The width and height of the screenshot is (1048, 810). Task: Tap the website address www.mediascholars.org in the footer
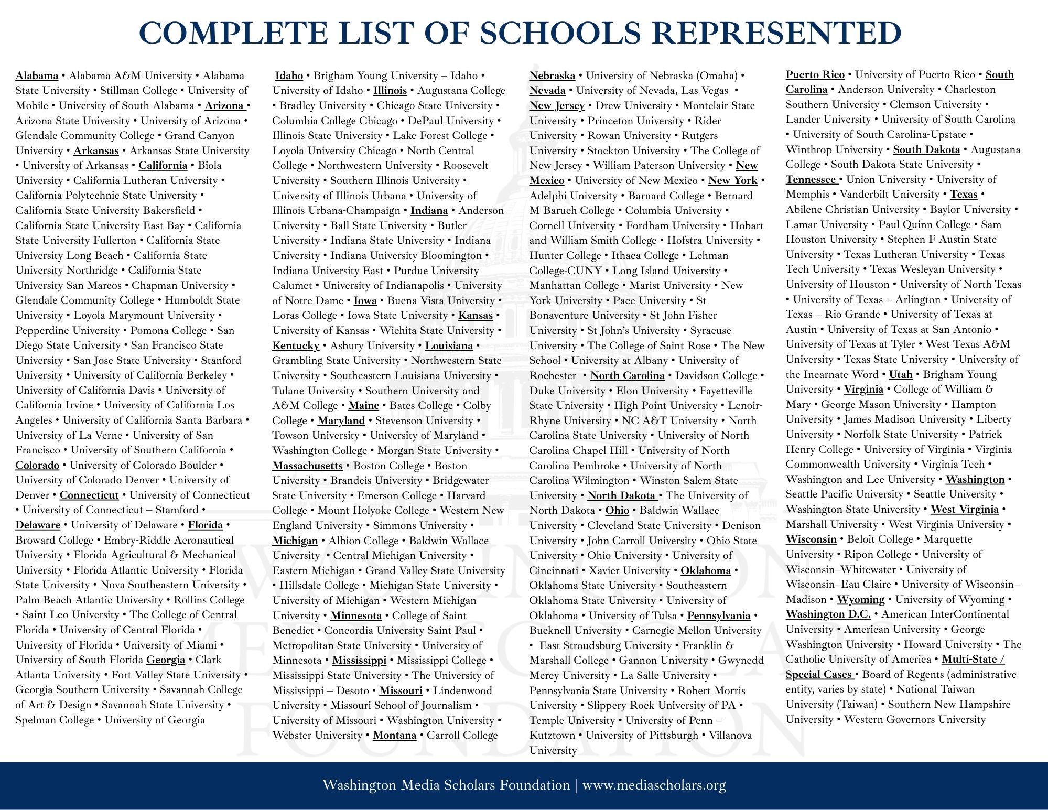[654, 785]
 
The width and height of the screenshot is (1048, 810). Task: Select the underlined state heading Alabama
[37, 75]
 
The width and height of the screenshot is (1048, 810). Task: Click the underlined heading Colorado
[37, 465]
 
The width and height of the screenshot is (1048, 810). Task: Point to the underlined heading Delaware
[38, 525]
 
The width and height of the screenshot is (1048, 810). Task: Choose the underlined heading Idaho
[289, 75]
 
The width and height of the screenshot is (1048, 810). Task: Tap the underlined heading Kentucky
[296, 345]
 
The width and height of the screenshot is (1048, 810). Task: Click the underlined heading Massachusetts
[307, 466]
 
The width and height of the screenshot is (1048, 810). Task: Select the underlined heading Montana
[394, 735]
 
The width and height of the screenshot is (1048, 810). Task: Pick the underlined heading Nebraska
[552, 75]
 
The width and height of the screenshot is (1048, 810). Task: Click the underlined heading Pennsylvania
[719, 615]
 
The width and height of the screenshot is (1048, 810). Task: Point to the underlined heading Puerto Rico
[815, 74]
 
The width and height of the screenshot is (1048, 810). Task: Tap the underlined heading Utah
[901, 374]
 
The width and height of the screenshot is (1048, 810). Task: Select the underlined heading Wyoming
[860, 599]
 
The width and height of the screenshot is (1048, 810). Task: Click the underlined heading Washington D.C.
[828, 614]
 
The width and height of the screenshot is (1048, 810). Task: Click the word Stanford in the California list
[221, 360]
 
